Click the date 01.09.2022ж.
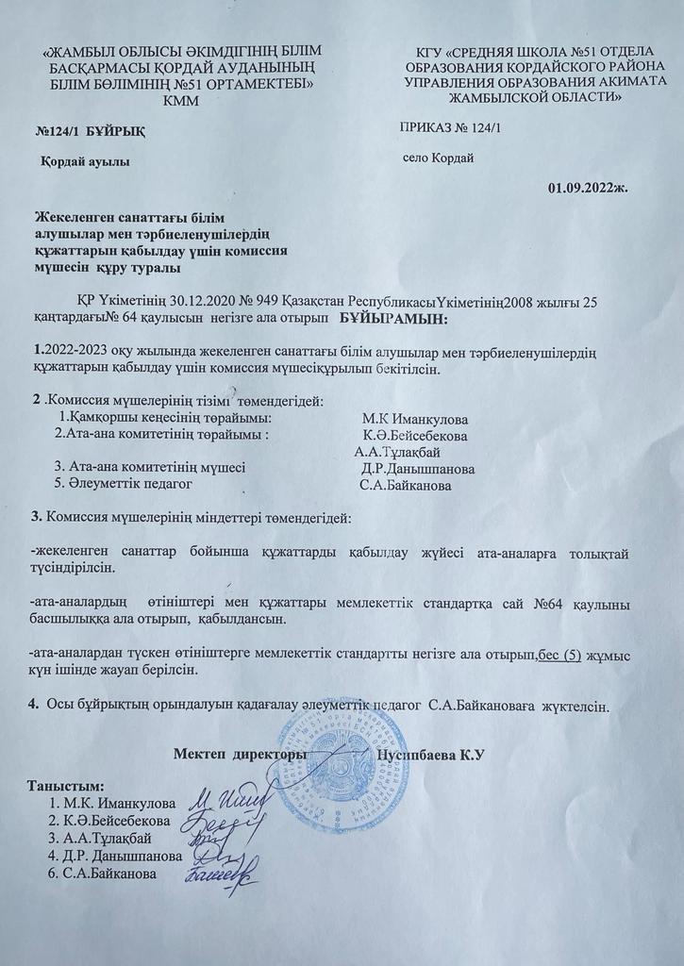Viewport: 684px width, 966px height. click(x=588, y=186)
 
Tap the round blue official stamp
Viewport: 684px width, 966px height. click(x=341, y=765)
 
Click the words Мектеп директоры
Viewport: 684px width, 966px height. click(x=241, y=755)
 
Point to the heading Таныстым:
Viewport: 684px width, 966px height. click(x=67, y=787)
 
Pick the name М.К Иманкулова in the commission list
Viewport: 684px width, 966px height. click(x=416, y=419)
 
